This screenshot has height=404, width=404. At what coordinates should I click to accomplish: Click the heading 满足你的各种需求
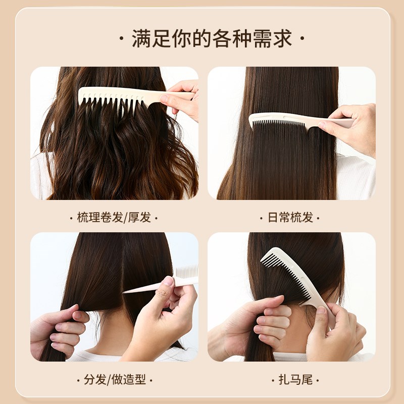(x=212, y=39)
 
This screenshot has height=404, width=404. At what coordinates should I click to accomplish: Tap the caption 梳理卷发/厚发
(x=114, y=218)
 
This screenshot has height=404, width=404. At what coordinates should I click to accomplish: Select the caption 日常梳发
(x=290, y=218)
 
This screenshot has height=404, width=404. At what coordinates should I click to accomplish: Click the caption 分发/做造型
(x=114, y=379)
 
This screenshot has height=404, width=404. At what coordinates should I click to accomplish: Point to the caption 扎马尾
(x=290, y=379)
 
